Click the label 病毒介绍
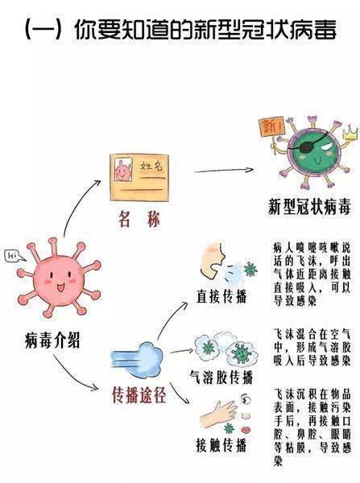[x=52, y=340]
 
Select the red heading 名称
[x=139, y=220]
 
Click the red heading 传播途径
[x=139, y=395]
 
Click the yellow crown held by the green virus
[x=351, y=132]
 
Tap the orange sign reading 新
[x=271, y=126]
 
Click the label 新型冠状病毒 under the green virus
[x=309, y=207]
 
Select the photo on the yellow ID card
[x=123, y=170]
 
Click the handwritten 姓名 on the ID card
[x=151, y=167]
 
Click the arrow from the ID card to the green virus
[x=224, y=171]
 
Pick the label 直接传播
[x=221, y=296]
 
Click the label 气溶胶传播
[x=221, y=377]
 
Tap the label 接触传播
[x=221, y=445]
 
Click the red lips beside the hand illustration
[x=246, y=429]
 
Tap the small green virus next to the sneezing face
[x=250, y=269]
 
